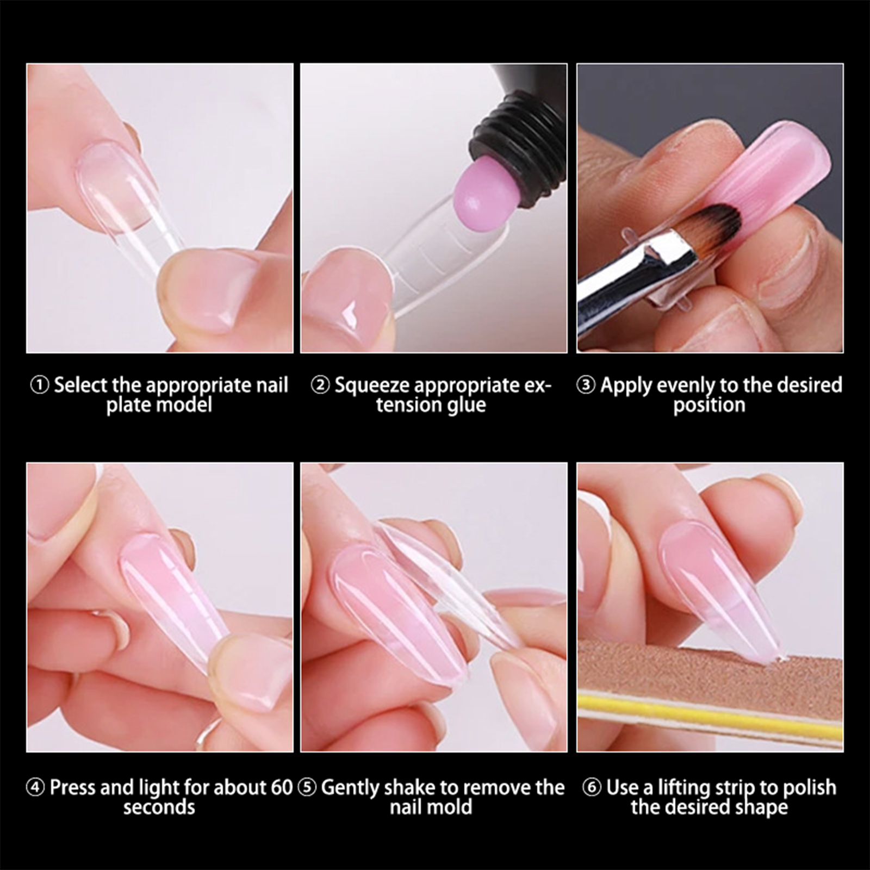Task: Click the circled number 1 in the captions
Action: (x=39, y=386)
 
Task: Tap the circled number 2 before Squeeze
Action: (x=320, y=386)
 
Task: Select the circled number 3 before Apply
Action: (x=586, y=386)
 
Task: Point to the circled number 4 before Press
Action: (x=36, y=788)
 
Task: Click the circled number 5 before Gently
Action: (x=307, y=788)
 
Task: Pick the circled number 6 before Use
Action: (x=592, y=787)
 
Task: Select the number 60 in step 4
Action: (x=282, y=788)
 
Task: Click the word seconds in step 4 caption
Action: (x=159, y=807)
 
